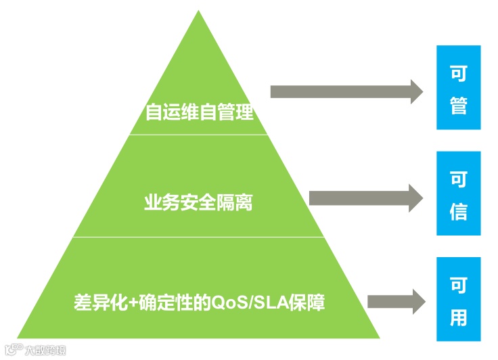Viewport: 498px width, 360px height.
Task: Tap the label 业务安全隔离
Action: [x=198, y=201]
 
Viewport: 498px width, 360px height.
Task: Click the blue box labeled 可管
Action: [x=458, y=87]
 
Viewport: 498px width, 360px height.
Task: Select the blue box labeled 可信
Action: [x=458, y=194]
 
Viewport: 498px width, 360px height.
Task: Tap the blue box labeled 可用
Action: [x=458, y=299]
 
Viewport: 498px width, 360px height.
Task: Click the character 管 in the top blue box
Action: [x=458, y=106]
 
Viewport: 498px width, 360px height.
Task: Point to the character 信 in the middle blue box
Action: [x=458, y=211]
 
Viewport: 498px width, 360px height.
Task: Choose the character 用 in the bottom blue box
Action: [x=458, y=316]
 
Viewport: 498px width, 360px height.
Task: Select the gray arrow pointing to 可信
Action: [x=365, y=197]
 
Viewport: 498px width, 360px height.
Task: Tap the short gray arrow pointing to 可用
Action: [x=395, y=300]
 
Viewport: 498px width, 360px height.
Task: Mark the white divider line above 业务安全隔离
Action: [x=198, y=135]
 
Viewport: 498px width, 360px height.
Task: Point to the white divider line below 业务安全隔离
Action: [x=198, y=237]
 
